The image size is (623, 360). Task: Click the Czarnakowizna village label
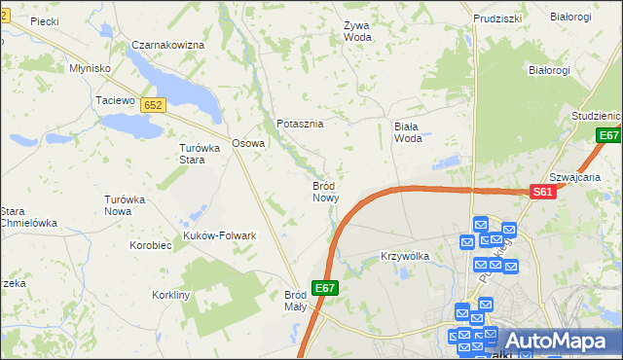(x=167, y=46)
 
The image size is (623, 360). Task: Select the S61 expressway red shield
(x=544, y=193)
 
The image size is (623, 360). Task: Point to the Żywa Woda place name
(x=358, y=31)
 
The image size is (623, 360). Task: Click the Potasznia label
(x=300, y=125)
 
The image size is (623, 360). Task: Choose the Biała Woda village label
(x=408, y=132)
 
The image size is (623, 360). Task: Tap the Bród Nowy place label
(x=325, y=191)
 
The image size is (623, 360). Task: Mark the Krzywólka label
(x=404, y=256)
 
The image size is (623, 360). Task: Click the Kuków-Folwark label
(x=219, y=235)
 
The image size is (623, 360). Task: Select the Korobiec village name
(x=150, y=245)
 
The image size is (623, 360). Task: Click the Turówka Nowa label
(x=124, y=205)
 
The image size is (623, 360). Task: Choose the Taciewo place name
(x=113, y=100)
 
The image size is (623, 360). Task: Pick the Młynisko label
(x=90, y=68)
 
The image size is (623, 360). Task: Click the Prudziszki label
(x=497, y=18)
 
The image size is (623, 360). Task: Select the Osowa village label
(x=248, y=143)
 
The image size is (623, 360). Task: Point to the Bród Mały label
(x=295, y=300)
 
